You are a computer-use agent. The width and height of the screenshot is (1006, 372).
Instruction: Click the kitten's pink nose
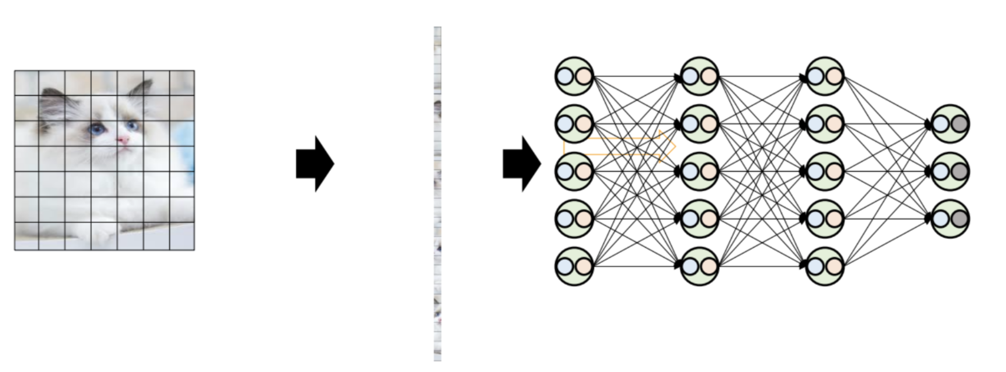click(x=123, y=139)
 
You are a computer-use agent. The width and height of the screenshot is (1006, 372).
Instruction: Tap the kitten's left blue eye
click(x=96, y=129)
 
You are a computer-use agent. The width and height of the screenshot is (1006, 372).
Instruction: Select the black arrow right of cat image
click(x=315, y=164)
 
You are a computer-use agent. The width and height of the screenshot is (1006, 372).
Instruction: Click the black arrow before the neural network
click(x=521, y=164)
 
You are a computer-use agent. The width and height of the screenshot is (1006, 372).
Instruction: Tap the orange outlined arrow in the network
click(x=618, y=147)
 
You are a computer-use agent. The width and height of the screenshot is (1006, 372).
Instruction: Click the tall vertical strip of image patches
click(x=438, y=194)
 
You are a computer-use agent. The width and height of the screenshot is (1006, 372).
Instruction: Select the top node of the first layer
click(x=574, y=76)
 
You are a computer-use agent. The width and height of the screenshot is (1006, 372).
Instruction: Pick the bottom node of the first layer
click(x=574, y=266)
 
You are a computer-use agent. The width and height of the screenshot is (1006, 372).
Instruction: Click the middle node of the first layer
click(x=574, y=171)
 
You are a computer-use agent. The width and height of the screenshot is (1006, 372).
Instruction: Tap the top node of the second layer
click(x=700, y=76)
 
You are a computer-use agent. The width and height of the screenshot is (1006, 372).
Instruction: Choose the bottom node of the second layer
click(x=700, y=266)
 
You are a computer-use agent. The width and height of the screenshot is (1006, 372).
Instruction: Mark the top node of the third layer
click(x=825, y=76)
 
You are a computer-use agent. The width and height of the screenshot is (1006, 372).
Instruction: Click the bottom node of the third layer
click(x=825, y=266)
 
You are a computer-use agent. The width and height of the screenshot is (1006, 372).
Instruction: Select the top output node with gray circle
click(x=950, y=124)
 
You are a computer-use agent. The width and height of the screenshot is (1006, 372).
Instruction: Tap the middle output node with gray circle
click(x=950, y=171)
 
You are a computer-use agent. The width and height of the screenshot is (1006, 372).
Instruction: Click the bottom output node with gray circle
click(x=950, y=219)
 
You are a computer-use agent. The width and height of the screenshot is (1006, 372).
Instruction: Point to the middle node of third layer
click(x=825, y=171)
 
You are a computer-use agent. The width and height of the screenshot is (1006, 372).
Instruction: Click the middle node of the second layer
click(x=700, y=171)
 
